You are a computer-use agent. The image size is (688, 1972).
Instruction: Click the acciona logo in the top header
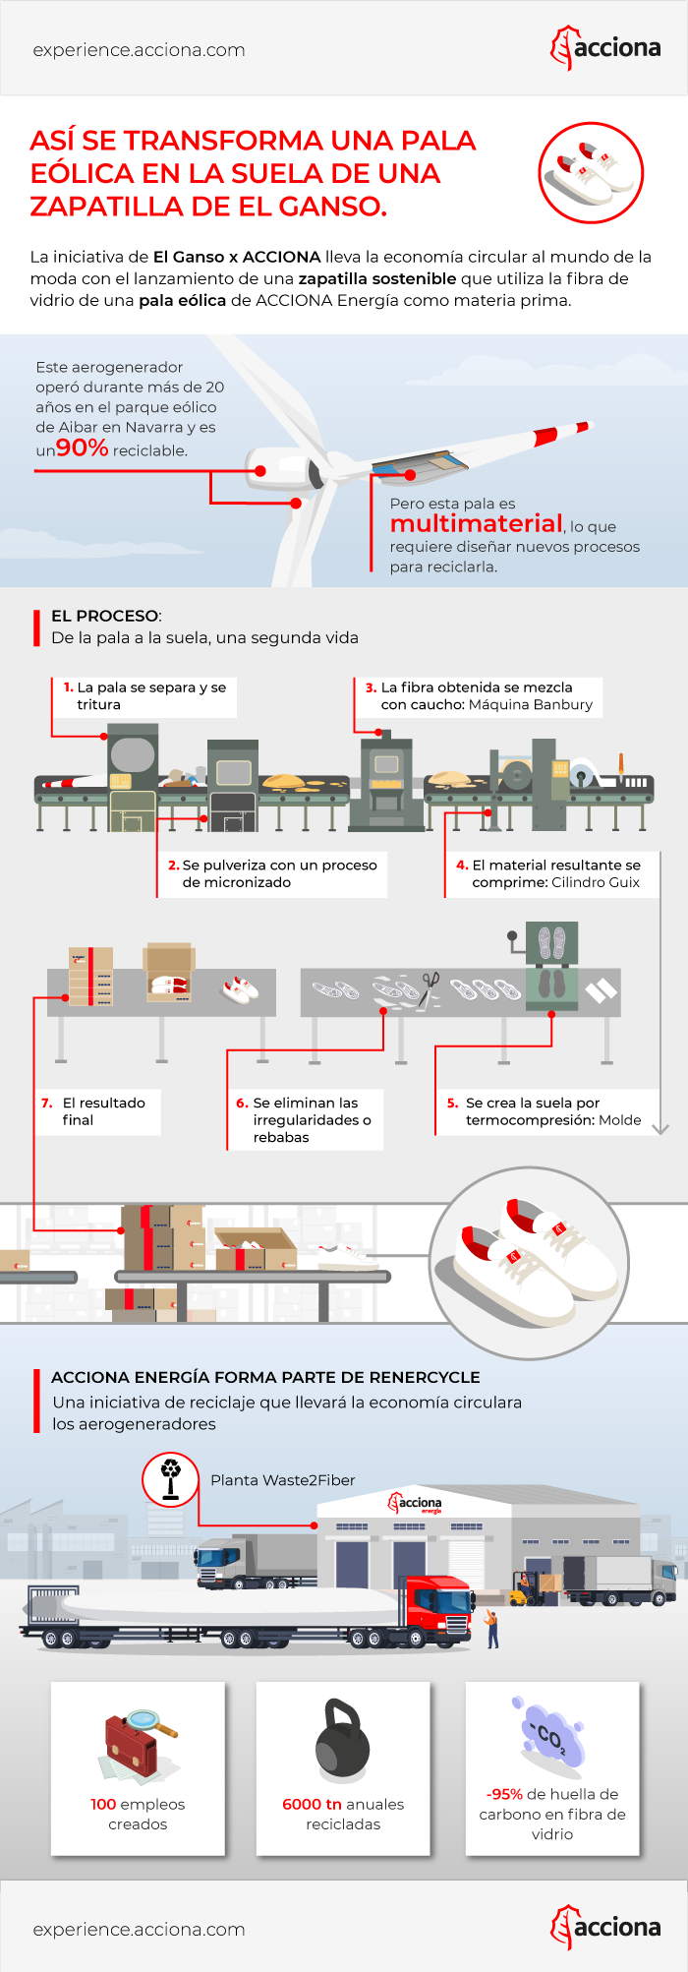pos(605,48)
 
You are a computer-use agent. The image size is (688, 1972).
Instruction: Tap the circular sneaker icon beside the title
pos(591,173)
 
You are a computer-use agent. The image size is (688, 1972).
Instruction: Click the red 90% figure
pos(83,448)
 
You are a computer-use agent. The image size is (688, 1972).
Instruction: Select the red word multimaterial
pos(477,523)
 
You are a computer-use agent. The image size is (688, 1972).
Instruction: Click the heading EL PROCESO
pos(105,616)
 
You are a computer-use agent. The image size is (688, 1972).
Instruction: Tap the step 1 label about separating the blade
pos(145,695)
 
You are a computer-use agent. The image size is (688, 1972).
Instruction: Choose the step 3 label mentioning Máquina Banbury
pos(480,695)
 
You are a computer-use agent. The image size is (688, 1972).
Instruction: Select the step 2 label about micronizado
pos(274,873)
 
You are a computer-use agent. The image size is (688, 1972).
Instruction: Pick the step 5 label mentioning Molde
pos(546,1111)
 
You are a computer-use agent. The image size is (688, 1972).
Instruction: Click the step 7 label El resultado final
pos(96,1111)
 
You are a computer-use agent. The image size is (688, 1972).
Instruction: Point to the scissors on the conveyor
pos(430,984)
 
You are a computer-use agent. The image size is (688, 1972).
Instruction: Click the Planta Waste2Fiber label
pos(283,1480)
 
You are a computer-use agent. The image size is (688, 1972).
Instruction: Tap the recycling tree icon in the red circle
pos(171,1478)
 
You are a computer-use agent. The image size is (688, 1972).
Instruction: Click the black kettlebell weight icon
pos(342,1742)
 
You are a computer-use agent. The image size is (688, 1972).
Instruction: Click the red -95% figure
pos(505,1794)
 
